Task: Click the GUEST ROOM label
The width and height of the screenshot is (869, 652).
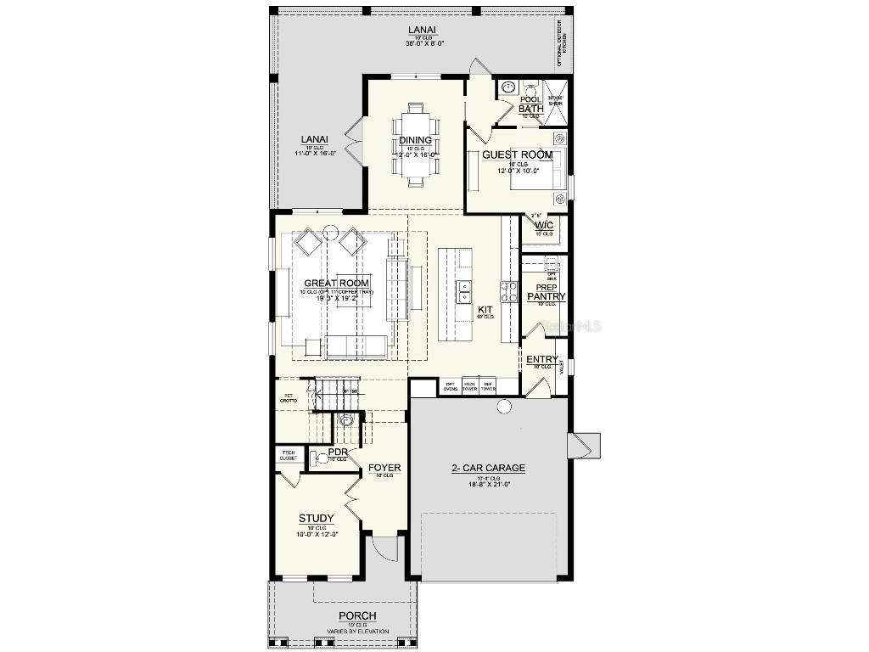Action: (517, 155)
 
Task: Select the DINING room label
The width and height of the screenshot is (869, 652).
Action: (415, 141)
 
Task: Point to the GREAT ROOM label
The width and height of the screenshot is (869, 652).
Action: (336, 284)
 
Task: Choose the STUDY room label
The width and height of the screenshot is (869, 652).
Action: (316, 519)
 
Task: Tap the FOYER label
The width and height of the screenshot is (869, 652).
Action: (384, 468)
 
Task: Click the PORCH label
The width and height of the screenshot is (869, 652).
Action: (357, 616)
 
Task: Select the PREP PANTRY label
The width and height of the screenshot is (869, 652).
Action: (546, 293)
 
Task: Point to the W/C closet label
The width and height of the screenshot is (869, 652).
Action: (544, 225)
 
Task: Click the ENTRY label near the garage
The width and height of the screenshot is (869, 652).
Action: (541, 360)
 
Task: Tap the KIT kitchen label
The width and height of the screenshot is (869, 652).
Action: (485, 310)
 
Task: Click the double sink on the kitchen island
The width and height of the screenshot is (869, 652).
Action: (464, 292)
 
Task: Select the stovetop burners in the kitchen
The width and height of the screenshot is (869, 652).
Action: (508, 292)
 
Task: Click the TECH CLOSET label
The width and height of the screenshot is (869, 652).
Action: (289, 456)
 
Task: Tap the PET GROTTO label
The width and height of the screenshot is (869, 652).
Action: (289, 396)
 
